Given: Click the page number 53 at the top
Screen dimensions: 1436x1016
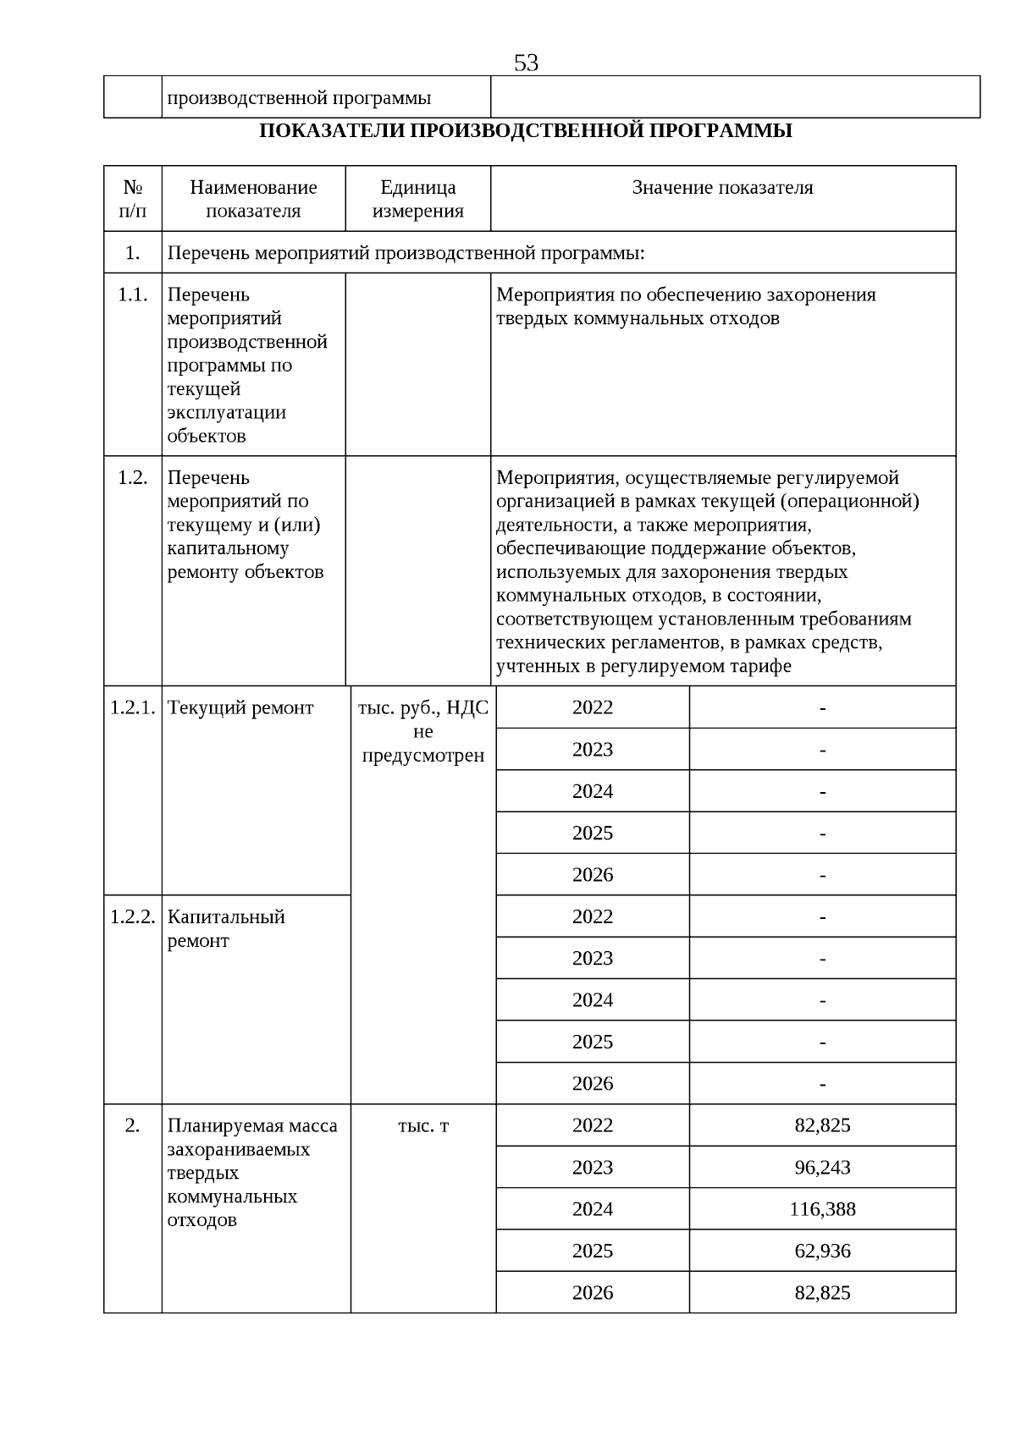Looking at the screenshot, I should (526, 63).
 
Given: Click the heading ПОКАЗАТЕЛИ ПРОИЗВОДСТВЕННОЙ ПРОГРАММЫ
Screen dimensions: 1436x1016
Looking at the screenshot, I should (525, 131).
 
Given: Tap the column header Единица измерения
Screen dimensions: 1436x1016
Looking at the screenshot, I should (417, 199).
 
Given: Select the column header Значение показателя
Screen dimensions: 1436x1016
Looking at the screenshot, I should (722, 188).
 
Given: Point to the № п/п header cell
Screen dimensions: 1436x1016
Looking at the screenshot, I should (132, 199).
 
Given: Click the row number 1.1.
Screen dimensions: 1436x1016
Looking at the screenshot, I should (132, 295).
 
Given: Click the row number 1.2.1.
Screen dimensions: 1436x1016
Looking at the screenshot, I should (132, 707).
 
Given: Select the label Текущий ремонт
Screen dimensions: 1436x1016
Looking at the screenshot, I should (240, 707).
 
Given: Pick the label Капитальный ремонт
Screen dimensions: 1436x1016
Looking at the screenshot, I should (226, 928).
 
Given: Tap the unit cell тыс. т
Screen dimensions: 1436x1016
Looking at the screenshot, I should (422, 1125).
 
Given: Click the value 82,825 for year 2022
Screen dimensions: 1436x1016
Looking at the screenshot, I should (822, 1125).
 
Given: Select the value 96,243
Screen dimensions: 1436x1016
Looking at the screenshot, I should (822, 1167).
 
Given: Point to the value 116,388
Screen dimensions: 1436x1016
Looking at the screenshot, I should (822, 1209).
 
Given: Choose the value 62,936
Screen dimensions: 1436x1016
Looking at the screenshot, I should (822, 1251).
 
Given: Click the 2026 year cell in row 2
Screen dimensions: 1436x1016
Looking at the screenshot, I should (592, 1292).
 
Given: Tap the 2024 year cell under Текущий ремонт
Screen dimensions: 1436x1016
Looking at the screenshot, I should (592, 791).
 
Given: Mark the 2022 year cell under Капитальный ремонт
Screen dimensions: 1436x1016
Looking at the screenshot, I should (592, 916).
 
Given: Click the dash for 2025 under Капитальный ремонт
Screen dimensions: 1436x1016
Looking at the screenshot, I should (822, 1043).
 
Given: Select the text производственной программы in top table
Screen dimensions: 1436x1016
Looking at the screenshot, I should (299, 98).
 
